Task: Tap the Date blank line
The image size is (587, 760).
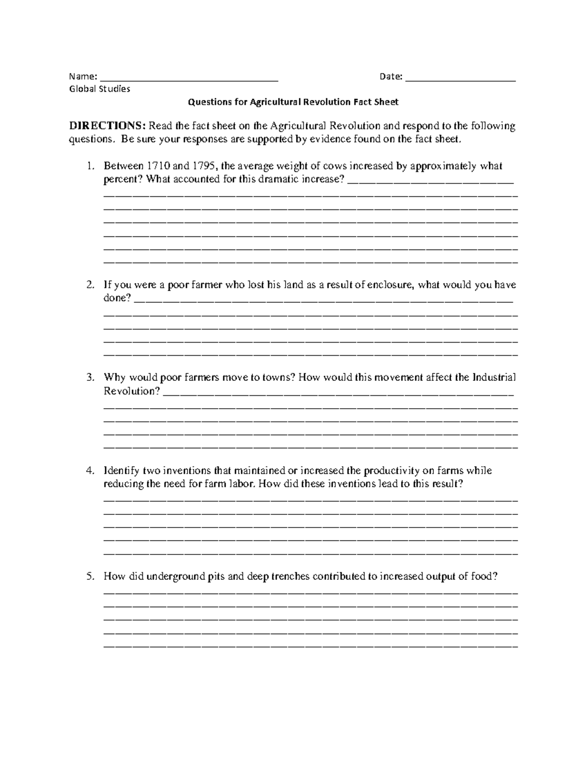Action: [x=461, y=78]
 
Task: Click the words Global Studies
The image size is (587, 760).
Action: [x=100, y=89]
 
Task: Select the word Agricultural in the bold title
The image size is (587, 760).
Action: [x=275, y=102]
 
